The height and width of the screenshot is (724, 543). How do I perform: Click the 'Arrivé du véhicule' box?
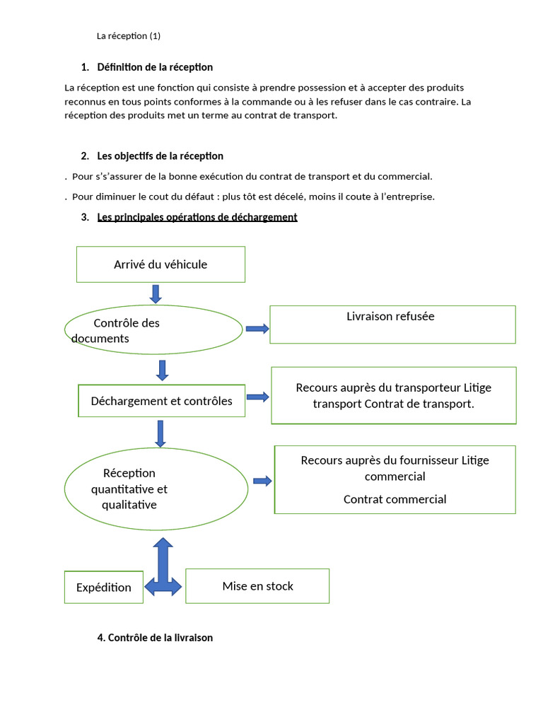click(x=160, y=264)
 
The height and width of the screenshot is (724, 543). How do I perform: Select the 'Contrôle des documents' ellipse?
click(x=153, y=329)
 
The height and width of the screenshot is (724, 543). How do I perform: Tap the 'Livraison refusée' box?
click(x=392, y=325)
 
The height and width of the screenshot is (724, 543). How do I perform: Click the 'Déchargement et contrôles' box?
click(x=161, y=401)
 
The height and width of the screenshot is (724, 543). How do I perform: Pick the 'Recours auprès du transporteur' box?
click(x=394, y=395)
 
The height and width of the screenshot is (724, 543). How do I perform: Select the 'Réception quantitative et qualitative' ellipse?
click(x=156, y=489)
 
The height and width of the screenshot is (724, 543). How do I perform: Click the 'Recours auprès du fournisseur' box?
click(x=395, y=479)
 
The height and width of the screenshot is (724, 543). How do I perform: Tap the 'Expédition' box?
click(x=103, y=587)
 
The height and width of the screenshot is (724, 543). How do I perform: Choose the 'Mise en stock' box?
click(x=257, y=586)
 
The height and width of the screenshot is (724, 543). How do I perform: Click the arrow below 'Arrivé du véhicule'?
click(x=156, y=293)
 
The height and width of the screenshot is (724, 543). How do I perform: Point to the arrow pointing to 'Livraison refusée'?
click(x=257, y=329)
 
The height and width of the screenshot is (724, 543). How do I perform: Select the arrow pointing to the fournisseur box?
click(x=262, y=481)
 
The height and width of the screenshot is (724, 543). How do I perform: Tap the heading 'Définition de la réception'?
click(x=155, y=67)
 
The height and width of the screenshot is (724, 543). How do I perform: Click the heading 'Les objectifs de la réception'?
click(x=160, y=156)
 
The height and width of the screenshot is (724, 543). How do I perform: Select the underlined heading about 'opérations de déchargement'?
click(x=197, y=217)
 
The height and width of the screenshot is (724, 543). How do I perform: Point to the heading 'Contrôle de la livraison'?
click(x=155, y=638)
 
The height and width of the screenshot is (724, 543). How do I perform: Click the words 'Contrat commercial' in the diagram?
click(x=395, y=499)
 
